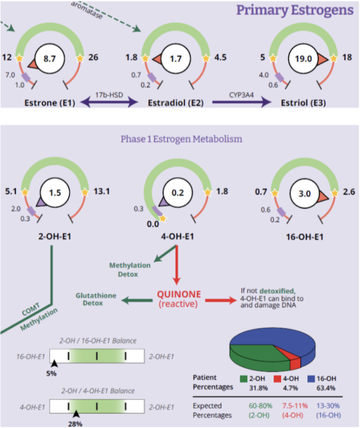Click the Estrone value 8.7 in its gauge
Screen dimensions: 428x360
tap(49, 59)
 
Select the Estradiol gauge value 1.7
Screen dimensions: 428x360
tap(174, 59)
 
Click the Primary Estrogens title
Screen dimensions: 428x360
tap(295, 10)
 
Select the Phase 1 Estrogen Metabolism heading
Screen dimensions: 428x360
tap(181, 138)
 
